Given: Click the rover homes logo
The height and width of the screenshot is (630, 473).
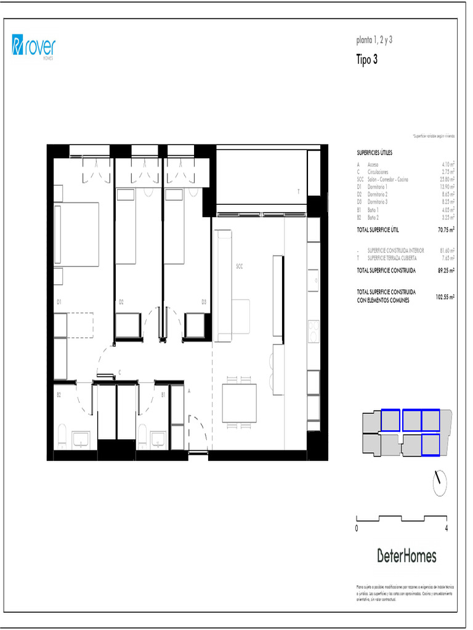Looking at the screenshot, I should (33, 47).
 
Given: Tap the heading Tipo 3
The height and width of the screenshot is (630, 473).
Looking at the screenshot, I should (367, 60).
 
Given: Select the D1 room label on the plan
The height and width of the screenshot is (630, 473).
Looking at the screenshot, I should (59, 302).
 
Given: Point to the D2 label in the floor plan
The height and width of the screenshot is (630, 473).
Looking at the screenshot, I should (121, 302).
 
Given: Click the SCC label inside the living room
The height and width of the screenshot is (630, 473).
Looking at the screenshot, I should (240, 266).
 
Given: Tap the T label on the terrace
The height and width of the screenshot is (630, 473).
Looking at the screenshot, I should (298, 192).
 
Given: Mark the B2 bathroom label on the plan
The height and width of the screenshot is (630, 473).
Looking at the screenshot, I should (59, 394).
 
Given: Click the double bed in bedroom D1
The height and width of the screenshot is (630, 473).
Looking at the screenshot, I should (77, 234).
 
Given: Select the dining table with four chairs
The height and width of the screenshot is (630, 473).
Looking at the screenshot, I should (240, 403).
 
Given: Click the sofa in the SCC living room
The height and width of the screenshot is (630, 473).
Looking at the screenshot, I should (224, 285).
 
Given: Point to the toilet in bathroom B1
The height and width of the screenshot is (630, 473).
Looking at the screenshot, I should (142, 437).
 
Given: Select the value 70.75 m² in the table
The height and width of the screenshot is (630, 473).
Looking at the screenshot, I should (446, 229).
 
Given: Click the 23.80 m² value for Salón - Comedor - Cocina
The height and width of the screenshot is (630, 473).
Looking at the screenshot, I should (448, 180).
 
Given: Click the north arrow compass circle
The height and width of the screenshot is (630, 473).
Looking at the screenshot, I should (440, 483).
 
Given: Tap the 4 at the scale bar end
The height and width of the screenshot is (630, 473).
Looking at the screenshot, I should (445, 528).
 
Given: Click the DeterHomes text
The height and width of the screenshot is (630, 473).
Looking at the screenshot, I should (406, 557).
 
